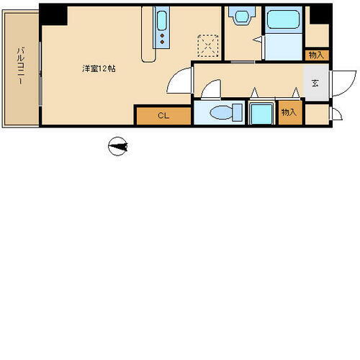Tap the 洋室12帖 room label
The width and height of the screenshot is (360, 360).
point(99,69)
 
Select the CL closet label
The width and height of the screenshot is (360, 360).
point(163,115)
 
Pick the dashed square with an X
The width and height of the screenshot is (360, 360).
point(209,45)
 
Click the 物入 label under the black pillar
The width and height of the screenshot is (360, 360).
point(316,55)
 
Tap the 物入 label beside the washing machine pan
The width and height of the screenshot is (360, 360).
point(289,112)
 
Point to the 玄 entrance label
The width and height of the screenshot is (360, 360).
point(315,83)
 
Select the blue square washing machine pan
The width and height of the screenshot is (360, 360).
point(262,114)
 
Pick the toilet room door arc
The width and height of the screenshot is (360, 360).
point(212,89)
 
